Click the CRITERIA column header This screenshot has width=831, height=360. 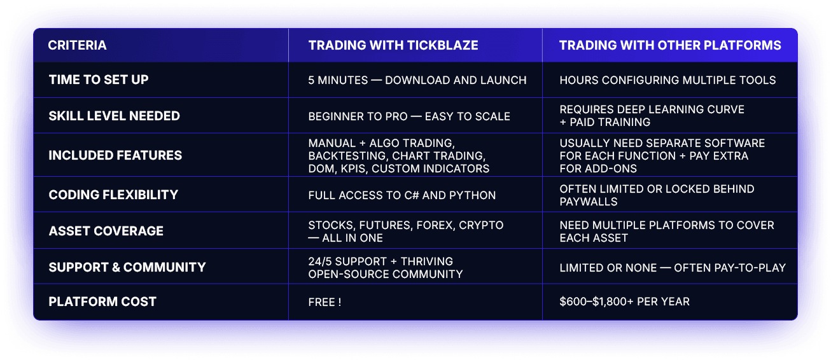77,45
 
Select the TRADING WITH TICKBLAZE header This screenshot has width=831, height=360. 393,45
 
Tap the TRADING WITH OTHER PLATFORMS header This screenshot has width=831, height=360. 670,45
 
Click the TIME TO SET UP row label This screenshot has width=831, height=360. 99,80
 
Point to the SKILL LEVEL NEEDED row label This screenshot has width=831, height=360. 115,116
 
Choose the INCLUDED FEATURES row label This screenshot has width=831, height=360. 115,155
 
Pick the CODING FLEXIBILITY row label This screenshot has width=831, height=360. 113,195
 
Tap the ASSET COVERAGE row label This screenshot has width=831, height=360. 106,231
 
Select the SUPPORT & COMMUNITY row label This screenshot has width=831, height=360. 127,267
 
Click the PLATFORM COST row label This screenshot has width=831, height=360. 102,301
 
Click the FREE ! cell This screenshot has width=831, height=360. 325,302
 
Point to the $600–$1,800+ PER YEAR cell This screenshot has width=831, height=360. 624,301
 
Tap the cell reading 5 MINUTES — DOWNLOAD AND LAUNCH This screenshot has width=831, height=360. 417,80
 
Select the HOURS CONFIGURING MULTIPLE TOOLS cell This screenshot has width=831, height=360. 667,80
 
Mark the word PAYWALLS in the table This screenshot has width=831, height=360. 589,202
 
